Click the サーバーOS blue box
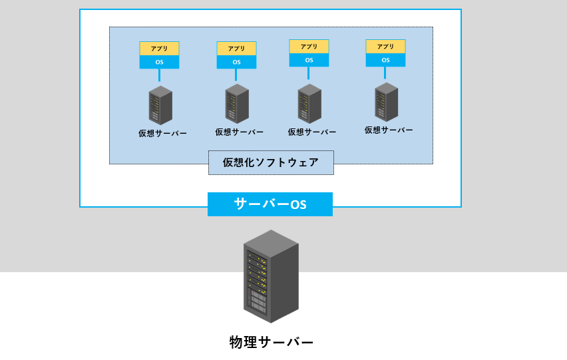click(270, 204)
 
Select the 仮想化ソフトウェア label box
click(271, 162)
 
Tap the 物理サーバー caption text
click(271, 342)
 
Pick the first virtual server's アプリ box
click(159, 49)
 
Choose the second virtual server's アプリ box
click(236, 49)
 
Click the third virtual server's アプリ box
click(309, 47)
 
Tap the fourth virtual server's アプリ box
click(385, 47)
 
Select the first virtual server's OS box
click(159, 62)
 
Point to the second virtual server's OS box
click(236, 62)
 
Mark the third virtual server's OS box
click(309, 60)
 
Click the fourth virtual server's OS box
click(385, 60)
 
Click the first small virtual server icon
click(160, 105)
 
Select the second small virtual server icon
click(237, 104)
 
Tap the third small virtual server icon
click(309, 104)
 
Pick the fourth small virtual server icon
click(386, 101)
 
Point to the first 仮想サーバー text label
click(162, 133)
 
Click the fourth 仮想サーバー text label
click(389, 130)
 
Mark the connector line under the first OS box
click(159, 75)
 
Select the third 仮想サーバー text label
click(312, 132)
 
